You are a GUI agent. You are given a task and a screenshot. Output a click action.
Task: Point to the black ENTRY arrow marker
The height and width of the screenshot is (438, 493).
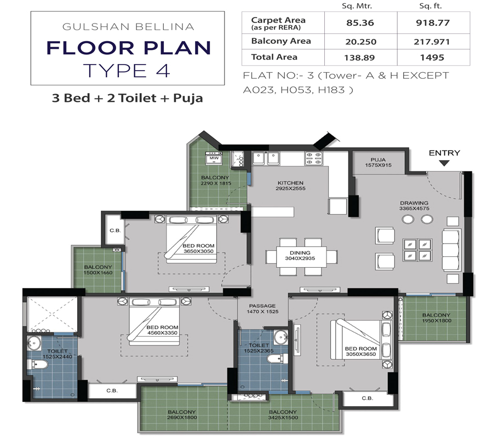tap(444, 163)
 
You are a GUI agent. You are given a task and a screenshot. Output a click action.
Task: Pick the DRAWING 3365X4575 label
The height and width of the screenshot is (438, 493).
tap(417, 205)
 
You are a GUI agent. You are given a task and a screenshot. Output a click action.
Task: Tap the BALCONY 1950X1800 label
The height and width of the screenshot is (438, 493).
tap(436, 318)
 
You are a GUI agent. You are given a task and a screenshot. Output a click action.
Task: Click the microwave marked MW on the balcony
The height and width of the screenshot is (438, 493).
tap(211, 158)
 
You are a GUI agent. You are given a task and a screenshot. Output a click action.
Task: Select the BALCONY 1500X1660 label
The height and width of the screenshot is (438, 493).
tap(98, 269)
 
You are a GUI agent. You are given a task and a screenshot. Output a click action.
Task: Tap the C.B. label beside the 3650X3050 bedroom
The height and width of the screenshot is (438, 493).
tap(114, 230)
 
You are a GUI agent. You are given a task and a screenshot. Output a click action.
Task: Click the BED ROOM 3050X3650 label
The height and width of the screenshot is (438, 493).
tap(360, 351)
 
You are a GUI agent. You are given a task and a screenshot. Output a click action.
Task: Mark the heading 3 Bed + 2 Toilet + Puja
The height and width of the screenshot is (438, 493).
tap(127, 99)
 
